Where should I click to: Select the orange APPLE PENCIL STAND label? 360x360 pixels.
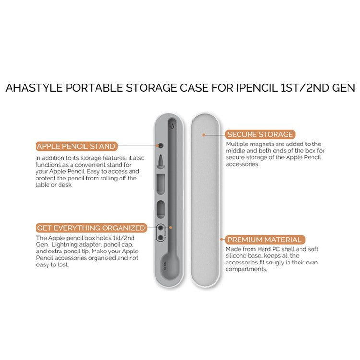[x=76, y=146]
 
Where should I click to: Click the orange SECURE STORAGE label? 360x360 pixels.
[x=260, y=134]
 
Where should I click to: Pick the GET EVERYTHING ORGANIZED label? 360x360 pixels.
[x=91, y=228]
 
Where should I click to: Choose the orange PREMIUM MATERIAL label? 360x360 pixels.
[x=264, y=240]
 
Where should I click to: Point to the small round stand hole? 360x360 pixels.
[x=161, y=145]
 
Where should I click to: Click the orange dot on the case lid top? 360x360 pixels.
[x=203, y=135]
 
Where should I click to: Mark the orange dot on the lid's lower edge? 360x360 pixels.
[x=221, y=239]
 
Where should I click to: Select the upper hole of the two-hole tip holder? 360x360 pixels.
[x=160, y=228]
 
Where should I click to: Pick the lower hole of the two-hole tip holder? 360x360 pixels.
[x=160, y=237]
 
